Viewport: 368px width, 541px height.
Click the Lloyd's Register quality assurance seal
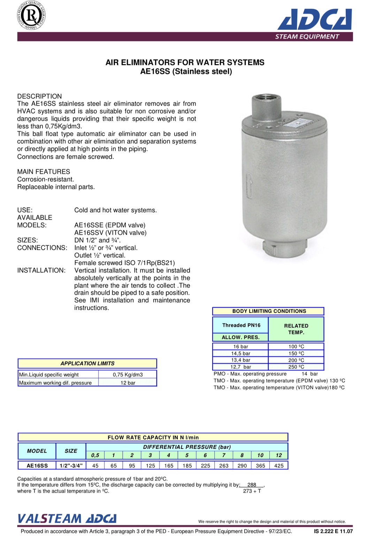pyautogui.click(x=31, y=16)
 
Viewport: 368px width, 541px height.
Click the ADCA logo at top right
pyautogui.click(x=315, y=19)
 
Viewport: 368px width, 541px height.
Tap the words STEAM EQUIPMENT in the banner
pyautogui.click(x=307, y=37)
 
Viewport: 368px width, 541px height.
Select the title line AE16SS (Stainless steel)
pyautogui.click(x=186, y=72)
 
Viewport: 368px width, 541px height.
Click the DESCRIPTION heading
pyautogui.click(x=39, y=96)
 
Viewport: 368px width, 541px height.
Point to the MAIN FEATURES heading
pyautogui.click(x=44, y=172)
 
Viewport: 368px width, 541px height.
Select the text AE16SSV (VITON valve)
pyautogui.click(x=110, y=233)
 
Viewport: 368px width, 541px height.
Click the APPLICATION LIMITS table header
pyautogui.click(x=87, y=363)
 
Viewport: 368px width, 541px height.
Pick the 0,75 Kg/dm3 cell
pyautogui.click(x=128, y=375)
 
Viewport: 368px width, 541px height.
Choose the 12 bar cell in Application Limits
pyautogui.click(x=128, y=383)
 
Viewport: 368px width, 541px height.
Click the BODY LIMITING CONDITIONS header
pyautogui.click(x=269, y=311)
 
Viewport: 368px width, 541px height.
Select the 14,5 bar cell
pyautogui.click(x=240, y=353)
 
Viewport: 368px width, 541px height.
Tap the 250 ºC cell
pyautogui.click(x=296, y=367)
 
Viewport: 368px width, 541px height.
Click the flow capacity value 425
pyautogui.click(x=279, y=466)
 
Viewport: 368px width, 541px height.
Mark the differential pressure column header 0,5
pyautogui.click(x=95, y=455)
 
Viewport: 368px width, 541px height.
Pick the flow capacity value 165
pyautogui.click(x=169, y=466)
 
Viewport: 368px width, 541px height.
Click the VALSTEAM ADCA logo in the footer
pyautogui.click(x=67, y=519)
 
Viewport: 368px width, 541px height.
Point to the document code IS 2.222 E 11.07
pyautogui.click(x=333, y=531)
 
